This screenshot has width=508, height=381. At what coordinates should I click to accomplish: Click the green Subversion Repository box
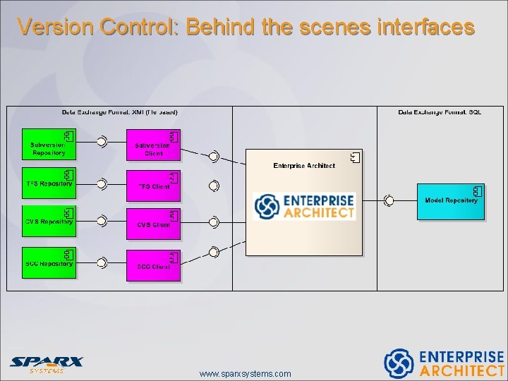[x=48, y=144]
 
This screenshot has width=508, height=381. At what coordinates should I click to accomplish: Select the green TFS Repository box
[x=48, y=183]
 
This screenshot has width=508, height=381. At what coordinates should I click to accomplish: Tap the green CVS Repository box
[x=48, y=222]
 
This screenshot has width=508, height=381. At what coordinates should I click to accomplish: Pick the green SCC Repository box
[x=48, y=262]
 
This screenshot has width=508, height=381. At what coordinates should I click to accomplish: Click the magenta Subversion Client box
[x=153, y=145]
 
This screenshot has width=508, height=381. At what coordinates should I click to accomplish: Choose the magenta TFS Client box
[x=153, y=186]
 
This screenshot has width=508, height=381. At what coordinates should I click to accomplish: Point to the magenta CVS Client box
[x=153, y=224]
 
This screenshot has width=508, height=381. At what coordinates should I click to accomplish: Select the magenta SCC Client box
[x=153, y=265]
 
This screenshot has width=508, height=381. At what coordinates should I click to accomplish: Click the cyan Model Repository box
[x=450, y=201]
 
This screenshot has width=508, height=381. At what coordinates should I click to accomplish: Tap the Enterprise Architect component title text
[x=304, y=166]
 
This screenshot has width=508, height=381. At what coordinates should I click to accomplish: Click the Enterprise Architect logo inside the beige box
[x=304, y=207]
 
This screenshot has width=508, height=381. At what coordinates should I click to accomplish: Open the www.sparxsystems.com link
[x=245, y=373]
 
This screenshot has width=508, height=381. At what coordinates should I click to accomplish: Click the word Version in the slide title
[x=56, y=27]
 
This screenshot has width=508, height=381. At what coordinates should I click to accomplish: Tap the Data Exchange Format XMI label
[x=120, y=112]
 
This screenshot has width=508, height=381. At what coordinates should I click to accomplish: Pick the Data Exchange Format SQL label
[x=440, y=112]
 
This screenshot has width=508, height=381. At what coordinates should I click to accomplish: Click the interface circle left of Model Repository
[x=389, y=201]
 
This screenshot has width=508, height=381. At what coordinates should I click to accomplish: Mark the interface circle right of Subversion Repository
[x=102, y=142]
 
